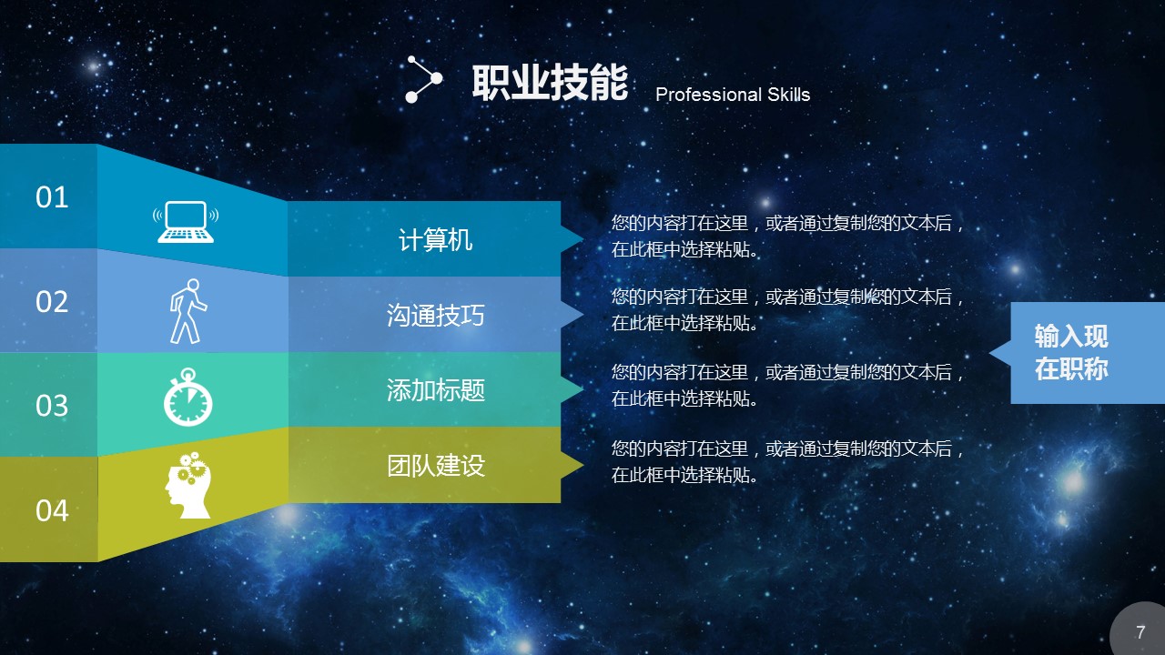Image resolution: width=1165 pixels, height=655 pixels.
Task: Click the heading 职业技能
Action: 550,82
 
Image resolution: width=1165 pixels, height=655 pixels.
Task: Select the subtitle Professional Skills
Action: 733,94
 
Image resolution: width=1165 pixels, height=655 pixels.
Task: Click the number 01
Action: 52,197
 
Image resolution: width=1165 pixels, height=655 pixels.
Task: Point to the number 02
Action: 52,301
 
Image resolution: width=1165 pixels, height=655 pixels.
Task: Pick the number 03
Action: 52,406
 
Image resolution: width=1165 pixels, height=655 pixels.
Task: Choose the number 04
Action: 52,510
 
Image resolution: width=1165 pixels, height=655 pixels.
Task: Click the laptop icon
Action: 186,222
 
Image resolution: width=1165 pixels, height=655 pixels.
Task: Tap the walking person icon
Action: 187,311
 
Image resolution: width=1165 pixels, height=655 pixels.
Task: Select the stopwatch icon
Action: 187,398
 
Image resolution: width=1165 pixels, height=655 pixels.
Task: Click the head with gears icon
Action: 188,485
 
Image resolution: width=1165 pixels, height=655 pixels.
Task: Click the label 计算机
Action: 435,239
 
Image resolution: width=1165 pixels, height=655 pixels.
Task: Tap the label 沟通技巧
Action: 435,315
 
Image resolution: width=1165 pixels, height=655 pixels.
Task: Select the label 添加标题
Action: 435,390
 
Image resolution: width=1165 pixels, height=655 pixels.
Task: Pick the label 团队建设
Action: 435,465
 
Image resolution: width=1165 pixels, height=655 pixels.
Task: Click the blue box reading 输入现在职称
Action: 1087,353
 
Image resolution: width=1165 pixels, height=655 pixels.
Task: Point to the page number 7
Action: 1140,632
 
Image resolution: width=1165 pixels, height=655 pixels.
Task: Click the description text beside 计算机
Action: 788,236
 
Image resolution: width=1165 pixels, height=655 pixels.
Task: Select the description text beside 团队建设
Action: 788,461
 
